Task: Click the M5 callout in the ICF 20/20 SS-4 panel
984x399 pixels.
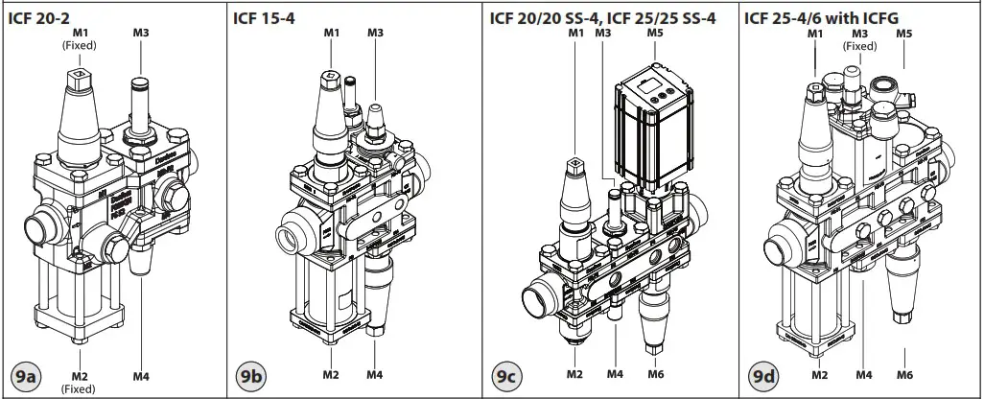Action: click(656, 34)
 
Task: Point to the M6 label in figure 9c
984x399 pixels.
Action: click(656, 374)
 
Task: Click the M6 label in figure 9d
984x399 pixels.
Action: click(904, 374)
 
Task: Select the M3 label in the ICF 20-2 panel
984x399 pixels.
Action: click(141, 33)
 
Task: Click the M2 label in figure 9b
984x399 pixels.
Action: click(331, 374)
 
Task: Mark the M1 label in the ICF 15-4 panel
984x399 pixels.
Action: click(332, 33)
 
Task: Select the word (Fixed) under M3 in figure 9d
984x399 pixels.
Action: click(859, 46)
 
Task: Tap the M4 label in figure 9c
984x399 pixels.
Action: click(615, 374)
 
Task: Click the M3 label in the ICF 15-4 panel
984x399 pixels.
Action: click(377, 33)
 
